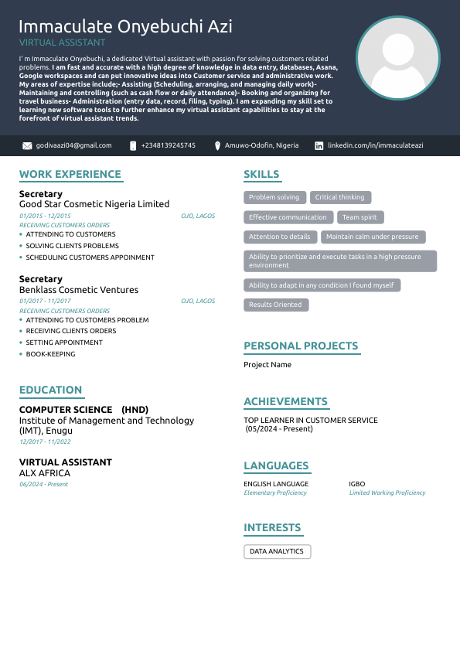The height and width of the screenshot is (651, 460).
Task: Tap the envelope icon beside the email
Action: pyautogui.click(x=27, y=145)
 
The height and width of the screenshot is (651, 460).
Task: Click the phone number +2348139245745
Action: pyautogui.click(x=169, y=145)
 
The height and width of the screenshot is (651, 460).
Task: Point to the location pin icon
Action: pyautogui.click(x=218, y=145)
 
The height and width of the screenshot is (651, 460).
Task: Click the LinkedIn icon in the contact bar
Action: pyautogui.click(x=319, y=145)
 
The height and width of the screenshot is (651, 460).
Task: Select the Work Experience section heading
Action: pyautogui.click(x=70, y=175)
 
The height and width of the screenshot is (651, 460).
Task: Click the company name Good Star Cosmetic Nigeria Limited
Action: pyautogui.click(x=94, y=204)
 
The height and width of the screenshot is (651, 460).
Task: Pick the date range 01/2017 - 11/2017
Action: pyautogui.click(x=45, y=301)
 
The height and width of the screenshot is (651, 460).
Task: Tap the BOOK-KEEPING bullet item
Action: pyautogui.click(x=50, y=354)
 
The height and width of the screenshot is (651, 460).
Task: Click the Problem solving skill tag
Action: pyautogui.click(x=274, y=197)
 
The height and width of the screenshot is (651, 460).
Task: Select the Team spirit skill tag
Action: pyautogui.click(x=359, y=217)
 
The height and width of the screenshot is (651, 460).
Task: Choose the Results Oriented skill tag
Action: pyautogui.click(x=275, y=305)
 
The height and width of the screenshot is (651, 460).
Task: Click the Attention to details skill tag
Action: pyautogui.click(x=279, y=237)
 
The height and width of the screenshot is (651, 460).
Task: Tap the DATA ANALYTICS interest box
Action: pyautogui.click(x=277, y=551)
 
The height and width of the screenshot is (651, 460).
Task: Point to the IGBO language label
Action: pyautogui.click(x=357, y=484)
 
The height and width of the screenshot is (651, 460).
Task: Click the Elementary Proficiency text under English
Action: pyautogui.click(x=275, y=493)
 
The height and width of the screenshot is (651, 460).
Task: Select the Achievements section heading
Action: pyautogui.click(x=285, y=402)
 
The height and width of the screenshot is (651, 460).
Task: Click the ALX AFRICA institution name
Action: pyautogui.click(x=45, y=472)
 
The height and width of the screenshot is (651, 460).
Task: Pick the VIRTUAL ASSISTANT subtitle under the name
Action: pyautogui.click(x=62, y=43)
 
